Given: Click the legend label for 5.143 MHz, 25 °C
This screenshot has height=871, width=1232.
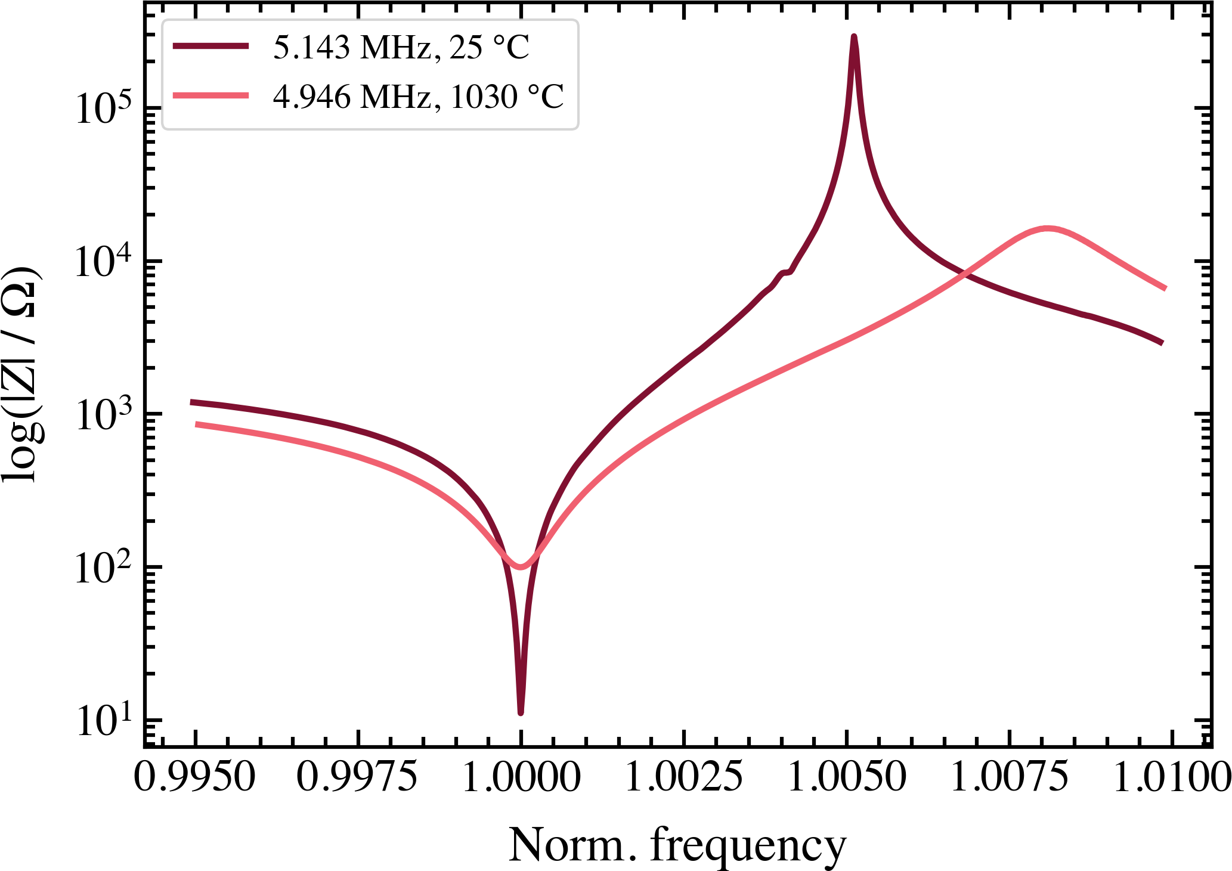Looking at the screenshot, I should (x=401, y=47).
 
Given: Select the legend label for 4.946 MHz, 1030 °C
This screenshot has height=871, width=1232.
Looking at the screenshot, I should (x=418, y=97).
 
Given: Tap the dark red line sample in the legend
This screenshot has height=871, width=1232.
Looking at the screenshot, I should (x=211, y=47).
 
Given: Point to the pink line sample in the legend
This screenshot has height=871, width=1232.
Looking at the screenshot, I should (x=211, y=95).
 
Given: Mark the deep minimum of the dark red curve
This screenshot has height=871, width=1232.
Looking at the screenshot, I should (x=521, y=711).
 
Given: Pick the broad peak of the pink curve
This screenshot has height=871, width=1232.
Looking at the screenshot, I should (x=1047, y=228).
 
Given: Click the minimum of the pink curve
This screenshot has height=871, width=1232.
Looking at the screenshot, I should (x=520, y=566).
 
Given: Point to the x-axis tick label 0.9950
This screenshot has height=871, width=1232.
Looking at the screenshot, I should (x=194, y=777).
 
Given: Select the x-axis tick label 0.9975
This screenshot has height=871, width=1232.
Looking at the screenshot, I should (x=357, y=777).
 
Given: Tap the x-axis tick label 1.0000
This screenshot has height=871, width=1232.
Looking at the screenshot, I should (x=521, y=777).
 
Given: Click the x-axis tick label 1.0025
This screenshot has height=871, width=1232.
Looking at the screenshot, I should (x=683, y=777).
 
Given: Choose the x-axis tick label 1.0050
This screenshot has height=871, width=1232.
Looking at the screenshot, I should (x=847, y=777).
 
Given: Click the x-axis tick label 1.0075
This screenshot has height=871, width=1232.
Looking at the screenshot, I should (x=1010, y=777).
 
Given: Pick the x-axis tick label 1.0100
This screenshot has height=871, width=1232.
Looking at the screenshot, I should (x=1172, y=777).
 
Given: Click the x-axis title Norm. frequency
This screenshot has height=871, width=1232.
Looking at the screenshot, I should (x=677, y=846).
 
